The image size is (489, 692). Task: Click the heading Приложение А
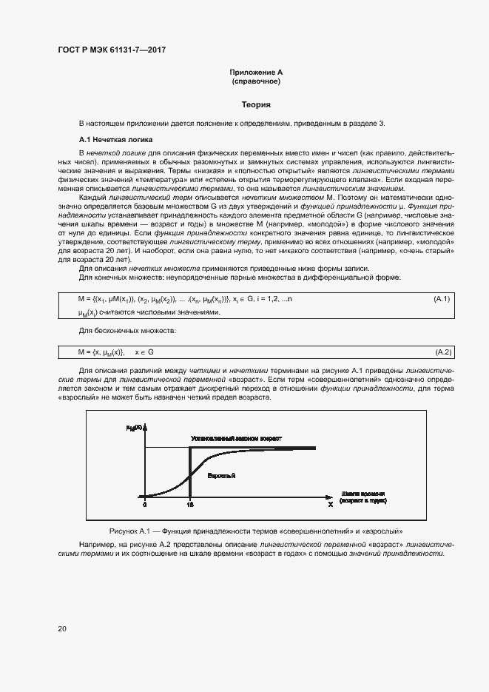(x=256, y=73)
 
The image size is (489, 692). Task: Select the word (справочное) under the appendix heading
(x=256, y=81)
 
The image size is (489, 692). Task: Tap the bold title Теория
(x=256, y=105)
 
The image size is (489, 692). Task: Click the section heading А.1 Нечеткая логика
(x=116, y=139)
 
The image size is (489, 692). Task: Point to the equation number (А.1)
(x=442, y=299)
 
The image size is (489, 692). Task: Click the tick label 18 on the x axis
(x=190, y=505)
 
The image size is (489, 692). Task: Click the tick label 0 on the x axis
(x=145, y=505)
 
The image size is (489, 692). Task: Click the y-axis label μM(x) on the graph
(x=134, y=428)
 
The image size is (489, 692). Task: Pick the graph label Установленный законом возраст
(x=236, y=439)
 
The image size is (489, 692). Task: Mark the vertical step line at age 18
(x=191, y=474)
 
